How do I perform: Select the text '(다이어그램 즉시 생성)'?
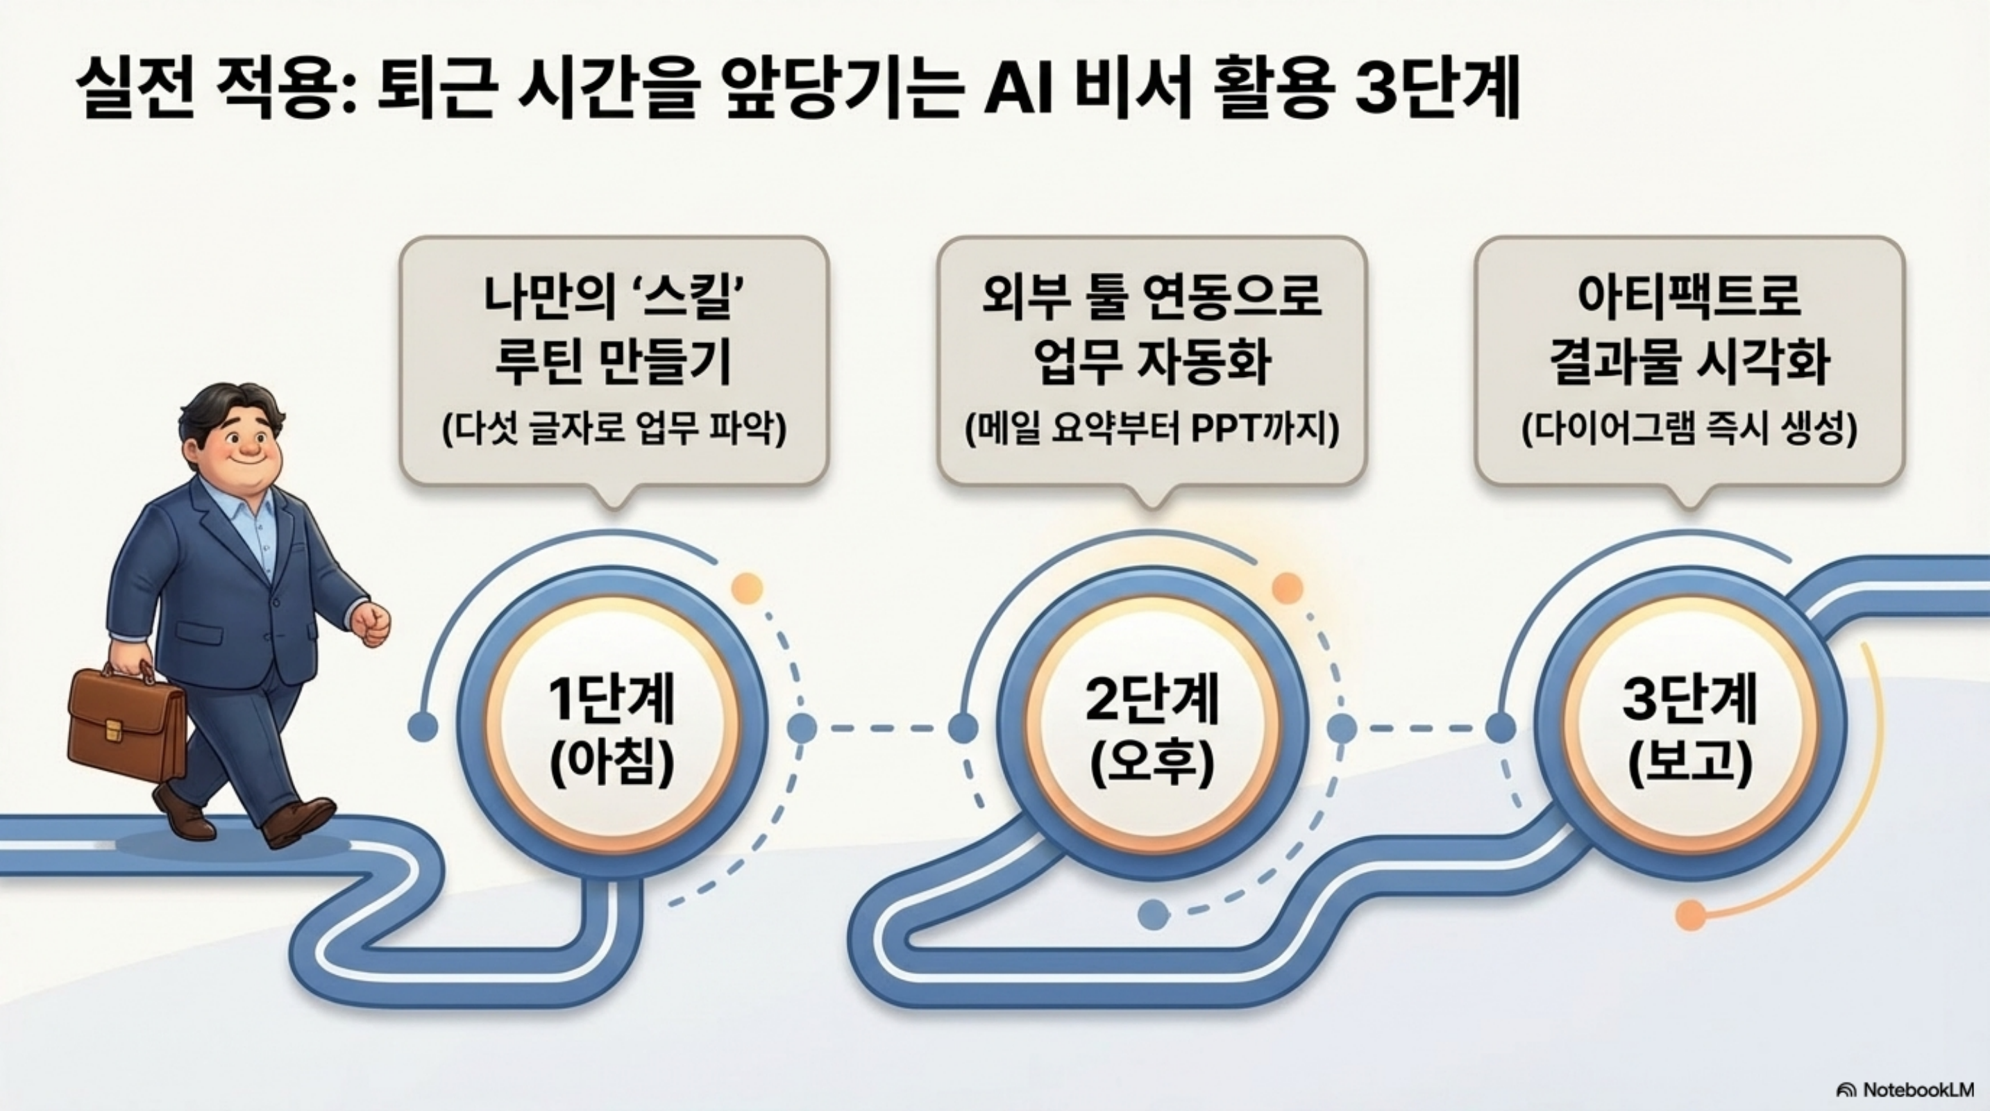[x=1689, y=430]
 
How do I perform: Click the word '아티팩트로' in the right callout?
[x=1689, y=296]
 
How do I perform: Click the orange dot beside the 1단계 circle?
[x=746, y=589]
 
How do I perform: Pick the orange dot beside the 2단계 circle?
[x=1287, y=589]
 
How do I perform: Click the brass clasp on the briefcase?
[x=114, y=728]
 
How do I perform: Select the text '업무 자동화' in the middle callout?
[x=1152, y=363]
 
